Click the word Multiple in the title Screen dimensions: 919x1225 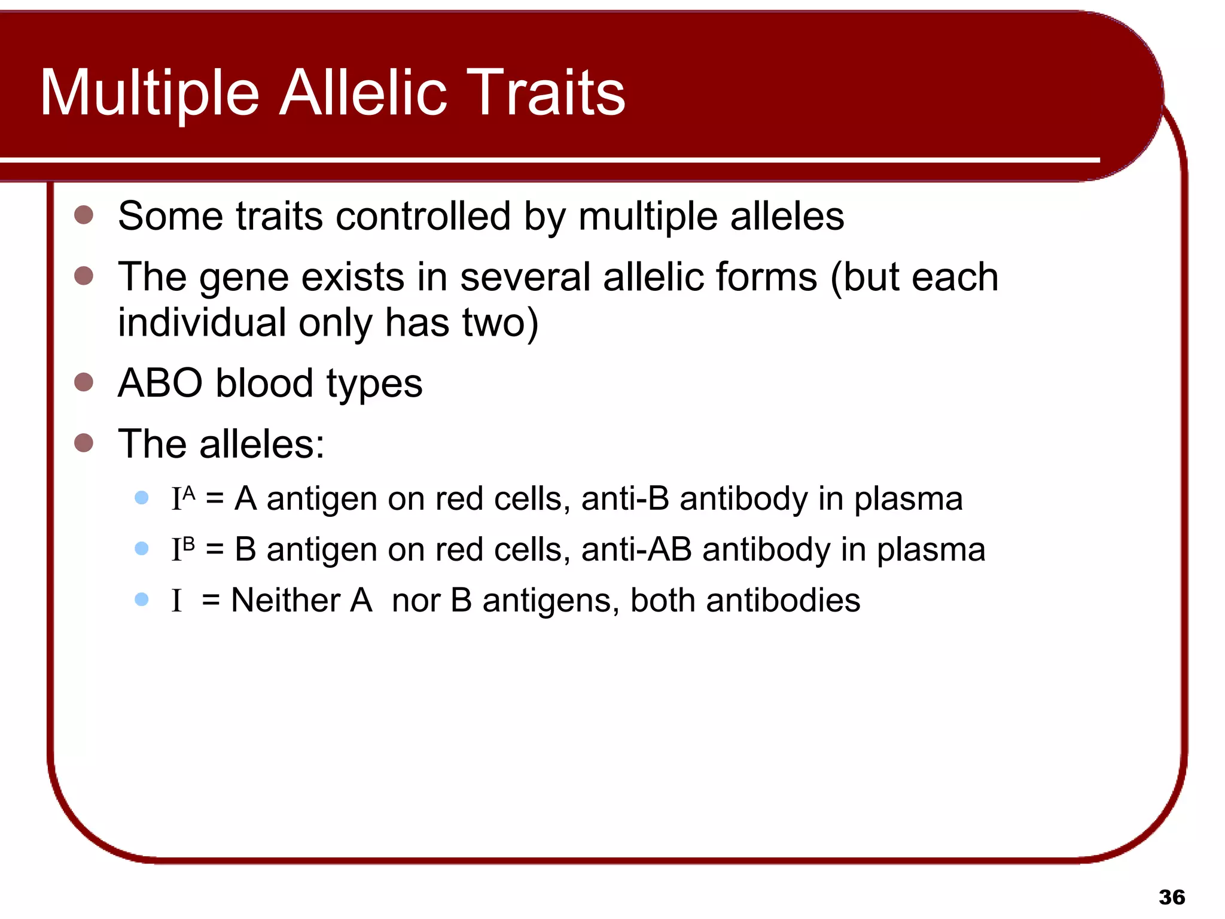[150, 93]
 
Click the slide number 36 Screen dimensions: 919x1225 [1171, 897]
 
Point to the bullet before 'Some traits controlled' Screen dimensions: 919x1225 [84, 215]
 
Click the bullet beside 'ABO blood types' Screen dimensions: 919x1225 [84, 382]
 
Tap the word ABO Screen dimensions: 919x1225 [160, 383]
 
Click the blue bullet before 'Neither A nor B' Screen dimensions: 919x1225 [142, 599]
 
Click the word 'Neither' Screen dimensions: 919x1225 [285, 600]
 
